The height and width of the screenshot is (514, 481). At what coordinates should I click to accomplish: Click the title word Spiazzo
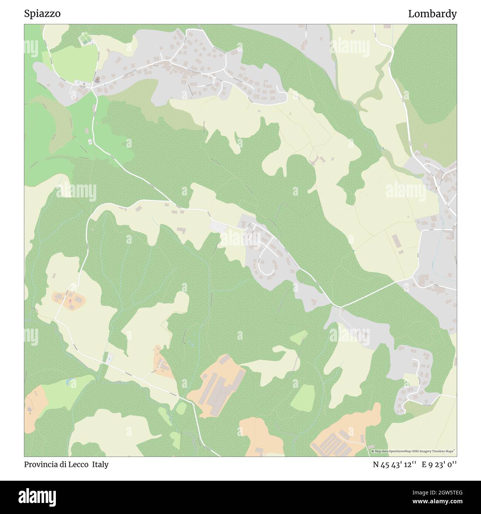coord(42,14)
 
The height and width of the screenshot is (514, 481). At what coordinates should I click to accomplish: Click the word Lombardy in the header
coord(432,14)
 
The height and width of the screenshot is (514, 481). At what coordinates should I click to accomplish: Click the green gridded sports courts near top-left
coord(85,38)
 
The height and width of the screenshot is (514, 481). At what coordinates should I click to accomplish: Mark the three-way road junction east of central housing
coord(340,307)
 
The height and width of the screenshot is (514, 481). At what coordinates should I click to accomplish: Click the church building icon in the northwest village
coord(97,80)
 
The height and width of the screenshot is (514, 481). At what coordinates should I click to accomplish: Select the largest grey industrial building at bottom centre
coord(218,390)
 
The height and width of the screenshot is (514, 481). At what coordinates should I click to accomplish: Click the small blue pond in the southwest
coord(69,381)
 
